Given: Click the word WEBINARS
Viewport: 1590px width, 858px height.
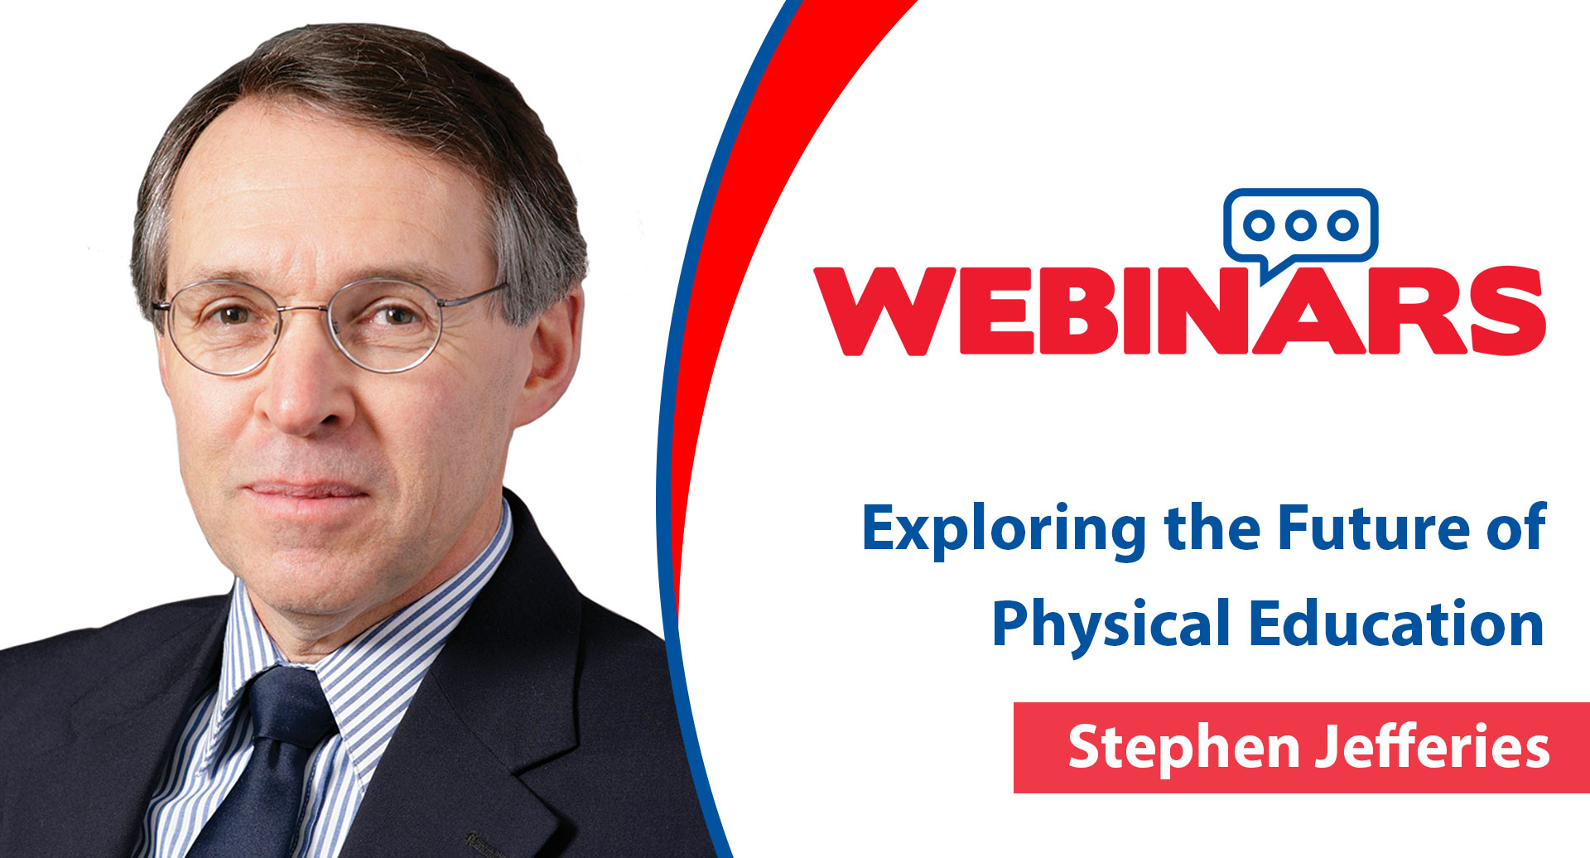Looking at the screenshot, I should (x=1179, y=311).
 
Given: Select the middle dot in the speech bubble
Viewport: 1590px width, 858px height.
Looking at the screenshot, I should (x=1300, y=224).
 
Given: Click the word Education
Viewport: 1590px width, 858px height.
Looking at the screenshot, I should (x=1396, y=624).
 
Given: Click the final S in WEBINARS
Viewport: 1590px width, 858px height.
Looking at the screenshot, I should (x=1507, y=311).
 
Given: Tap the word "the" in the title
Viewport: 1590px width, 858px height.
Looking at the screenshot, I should (x=1212, y=527).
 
